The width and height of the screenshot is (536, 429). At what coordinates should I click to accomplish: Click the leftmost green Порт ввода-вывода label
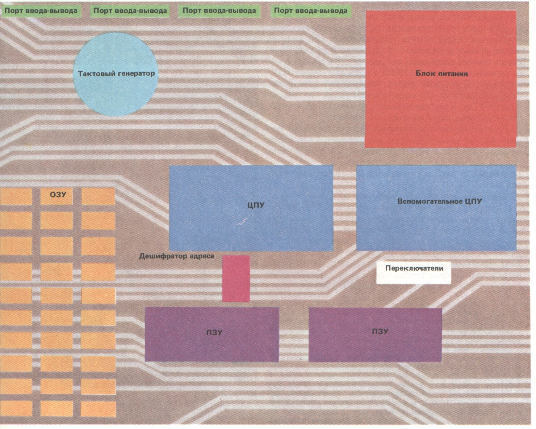coord(41,11)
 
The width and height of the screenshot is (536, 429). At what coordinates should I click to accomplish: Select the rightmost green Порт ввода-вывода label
coord(310,11)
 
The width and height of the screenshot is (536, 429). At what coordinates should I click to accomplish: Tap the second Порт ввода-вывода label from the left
coord(130,11)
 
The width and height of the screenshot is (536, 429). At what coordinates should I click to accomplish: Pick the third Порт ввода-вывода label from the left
coord(219,11)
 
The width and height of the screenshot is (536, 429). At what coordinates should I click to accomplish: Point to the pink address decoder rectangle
coord(236,279)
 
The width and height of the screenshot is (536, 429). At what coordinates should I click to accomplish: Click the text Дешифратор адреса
coord(176,256)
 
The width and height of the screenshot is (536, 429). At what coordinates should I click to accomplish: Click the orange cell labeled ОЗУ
coord(56,196)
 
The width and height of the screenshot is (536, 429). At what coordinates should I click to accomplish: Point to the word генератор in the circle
coord(136,73)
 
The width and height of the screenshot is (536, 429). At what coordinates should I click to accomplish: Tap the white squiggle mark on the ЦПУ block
coord(242,222)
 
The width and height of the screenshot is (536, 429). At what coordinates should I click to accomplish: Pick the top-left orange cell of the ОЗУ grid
coord(16,196)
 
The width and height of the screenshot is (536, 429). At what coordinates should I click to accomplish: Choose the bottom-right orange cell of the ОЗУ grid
coord(98,408)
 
